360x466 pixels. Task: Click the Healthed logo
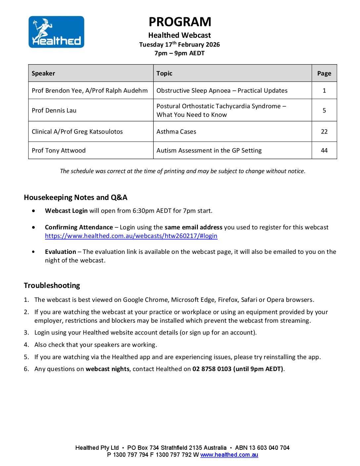coord(56,32)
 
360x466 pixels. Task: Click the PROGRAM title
coord(180,22)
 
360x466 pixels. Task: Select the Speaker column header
coord(43,73)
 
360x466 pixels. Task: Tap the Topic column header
coord(164,73)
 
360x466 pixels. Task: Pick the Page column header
coord(324,73)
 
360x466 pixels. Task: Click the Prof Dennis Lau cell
coord(54,111)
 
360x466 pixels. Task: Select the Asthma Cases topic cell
coord(176,132)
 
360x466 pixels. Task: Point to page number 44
coord(324,151)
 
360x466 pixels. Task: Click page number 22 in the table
coord(324,132)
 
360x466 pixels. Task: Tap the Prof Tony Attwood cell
coord(59,151)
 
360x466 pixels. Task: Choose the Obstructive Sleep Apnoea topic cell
coord(222,91)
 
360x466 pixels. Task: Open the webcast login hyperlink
coord(131,236)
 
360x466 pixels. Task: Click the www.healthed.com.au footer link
coord(229,455)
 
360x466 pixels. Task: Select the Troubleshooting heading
coord(52,285)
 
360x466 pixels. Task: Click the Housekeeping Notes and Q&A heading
coord(75,198)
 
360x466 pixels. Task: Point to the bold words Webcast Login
coord(66,211)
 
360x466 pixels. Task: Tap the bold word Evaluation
coord(61,252)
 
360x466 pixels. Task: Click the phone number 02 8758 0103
coord(212,369)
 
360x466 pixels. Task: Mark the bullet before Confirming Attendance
coord(34,227)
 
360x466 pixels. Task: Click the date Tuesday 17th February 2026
coord(179,45)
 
